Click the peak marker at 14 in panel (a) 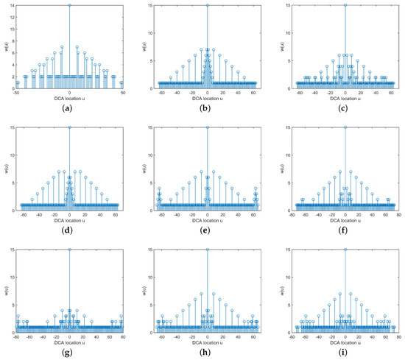[x=69, y=6]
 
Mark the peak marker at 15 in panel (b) [x=207, y=5]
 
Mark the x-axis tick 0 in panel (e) [x=207, y=214]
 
